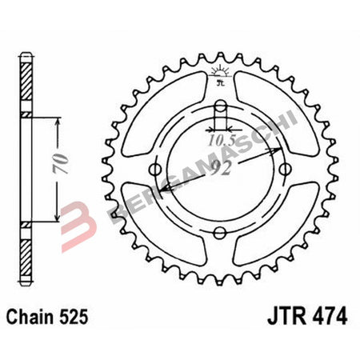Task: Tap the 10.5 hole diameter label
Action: (221, 139)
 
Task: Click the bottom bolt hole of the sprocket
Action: (219, 233)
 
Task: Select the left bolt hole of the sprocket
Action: (157, 170)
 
